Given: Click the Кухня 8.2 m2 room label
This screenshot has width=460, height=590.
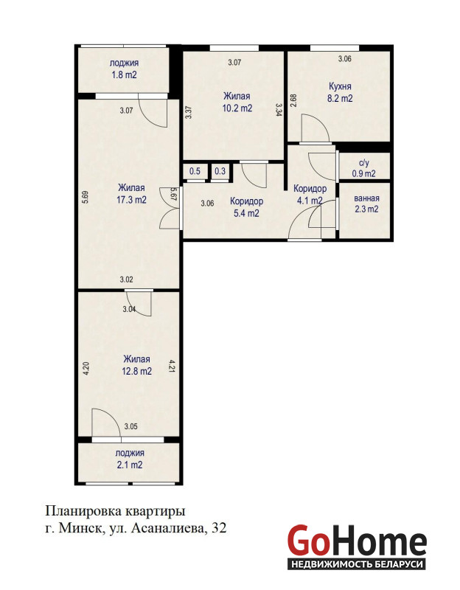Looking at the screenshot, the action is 340,92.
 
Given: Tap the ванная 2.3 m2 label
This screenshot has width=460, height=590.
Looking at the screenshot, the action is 366,204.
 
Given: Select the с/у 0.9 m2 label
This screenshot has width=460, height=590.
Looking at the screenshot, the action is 363,169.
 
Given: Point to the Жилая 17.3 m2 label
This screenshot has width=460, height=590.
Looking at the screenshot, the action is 131,193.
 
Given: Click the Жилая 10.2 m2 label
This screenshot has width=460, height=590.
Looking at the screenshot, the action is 237,103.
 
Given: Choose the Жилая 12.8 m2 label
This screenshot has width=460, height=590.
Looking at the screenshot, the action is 136,365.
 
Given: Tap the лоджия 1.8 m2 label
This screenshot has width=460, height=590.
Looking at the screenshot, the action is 124,69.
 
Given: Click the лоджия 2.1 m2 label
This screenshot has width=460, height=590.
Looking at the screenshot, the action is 130,459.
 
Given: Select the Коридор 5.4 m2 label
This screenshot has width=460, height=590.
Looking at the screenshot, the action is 246,207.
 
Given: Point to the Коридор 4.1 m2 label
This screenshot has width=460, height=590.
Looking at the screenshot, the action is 310,195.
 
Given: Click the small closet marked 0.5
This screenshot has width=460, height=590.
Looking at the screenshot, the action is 195,172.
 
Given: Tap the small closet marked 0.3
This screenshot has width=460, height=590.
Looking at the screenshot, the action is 220,172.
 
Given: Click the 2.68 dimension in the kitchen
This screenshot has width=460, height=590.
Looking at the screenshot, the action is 294,100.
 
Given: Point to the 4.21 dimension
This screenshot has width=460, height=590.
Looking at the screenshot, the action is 172,366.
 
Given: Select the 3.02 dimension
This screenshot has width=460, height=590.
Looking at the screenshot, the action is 126,280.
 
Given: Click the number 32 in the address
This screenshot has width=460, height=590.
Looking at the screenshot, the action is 219,528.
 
